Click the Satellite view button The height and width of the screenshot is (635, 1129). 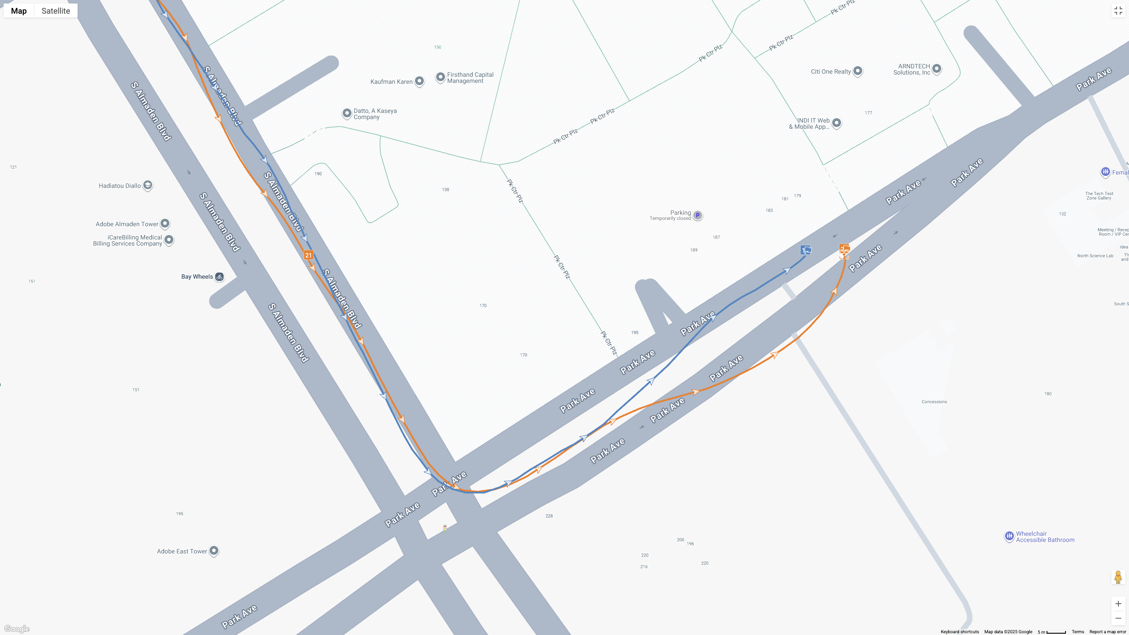tap(56, 11)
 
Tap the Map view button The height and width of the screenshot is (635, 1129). tap(19, 11)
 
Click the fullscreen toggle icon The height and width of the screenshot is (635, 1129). tap(1118, 11)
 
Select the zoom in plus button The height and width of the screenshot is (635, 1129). tap(1118, 604)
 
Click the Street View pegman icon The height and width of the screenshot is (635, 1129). tap(1118, 577)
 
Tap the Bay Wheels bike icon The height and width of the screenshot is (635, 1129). tap(219, 277)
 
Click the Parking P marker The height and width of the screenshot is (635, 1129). tap(697, 216)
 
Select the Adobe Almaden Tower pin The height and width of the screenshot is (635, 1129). tap(165, 224)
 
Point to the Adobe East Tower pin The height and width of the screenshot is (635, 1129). tap(214, 551)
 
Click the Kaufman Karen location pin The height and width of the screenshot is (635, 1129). tap(419, 81)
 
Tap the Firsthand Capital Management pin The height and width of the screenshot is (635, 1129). tap(440, 77)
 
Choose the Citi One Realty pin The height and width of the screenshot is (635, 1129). tap(858, 71)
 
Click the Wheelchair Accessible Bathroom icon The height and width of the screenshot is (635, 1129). tap(1009, 536)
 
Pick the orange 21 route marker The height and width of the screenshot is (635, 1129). tap(308, 255)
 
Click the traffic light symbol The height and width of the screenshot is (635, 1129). tap(445, 528)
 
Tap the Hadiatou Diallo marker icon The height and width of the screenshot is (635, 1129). tap(148, 185)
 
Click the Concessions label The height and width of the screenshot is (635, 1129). tap(934, 402)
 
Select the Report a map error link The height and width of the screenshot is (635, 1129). tap(1107, 632)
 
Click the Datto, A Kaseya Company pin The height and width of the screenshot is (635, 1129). tap(347, 113)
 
